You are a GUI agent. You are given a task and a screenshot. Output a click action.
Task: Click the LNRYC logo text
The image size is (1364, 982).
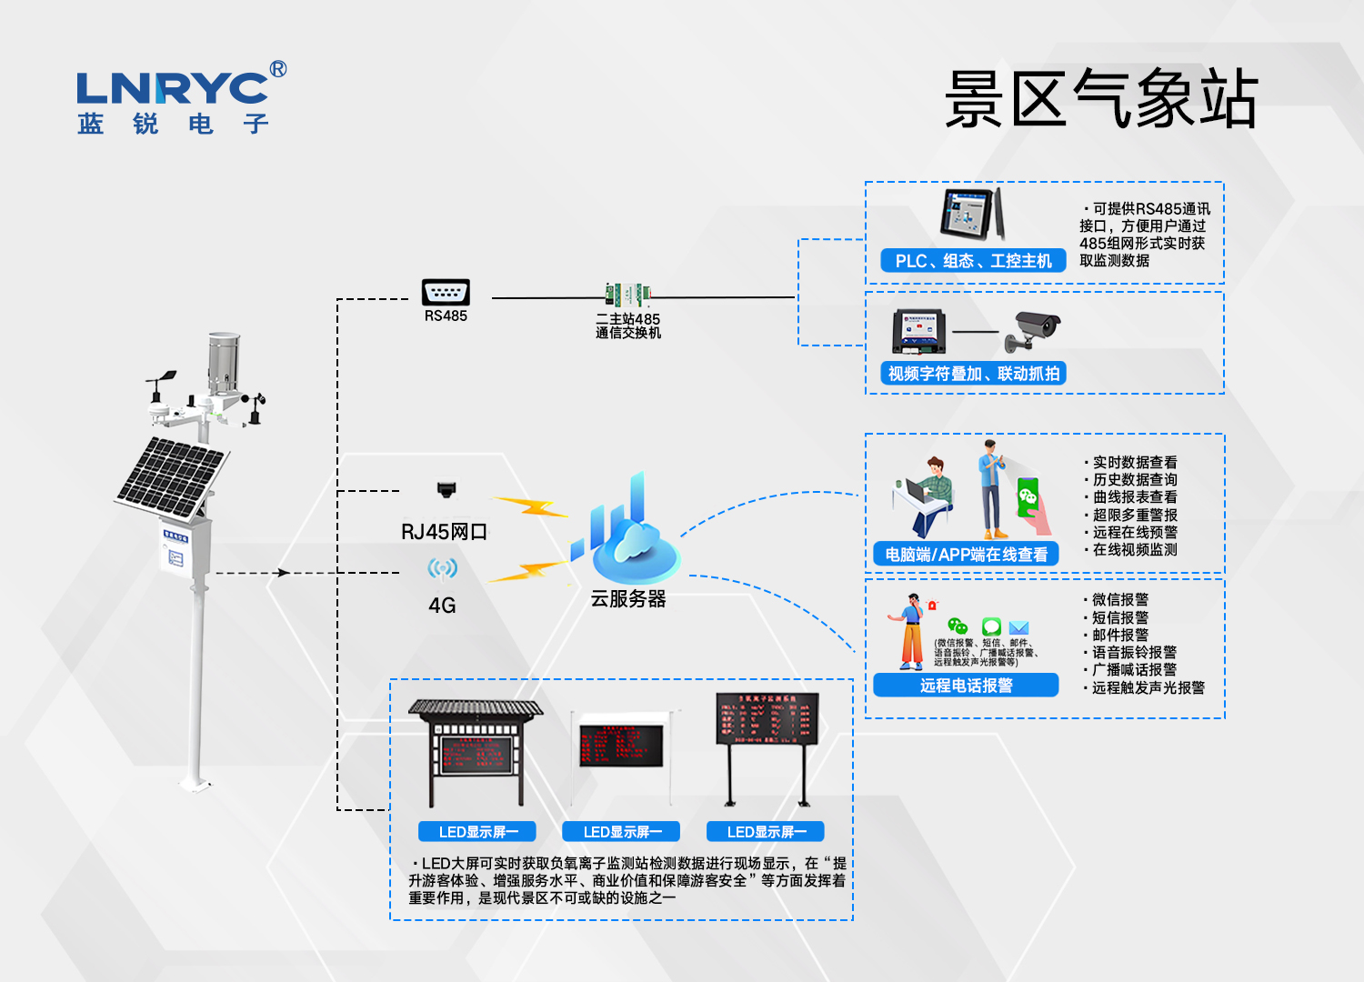pyautogui.click(x=173, y=89)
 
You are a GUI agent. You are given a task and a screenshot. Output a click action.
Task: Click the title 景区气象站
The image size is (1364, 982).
pyautogui.click(x=1101, y=98)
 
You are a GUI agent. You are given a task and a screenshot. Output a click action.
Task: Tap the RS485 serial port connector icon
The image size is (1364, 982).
pyautogui.click(x=446, y=292)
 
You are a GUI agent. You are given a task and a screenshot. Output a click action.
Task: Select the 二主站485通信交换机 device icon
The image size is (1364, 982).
pyautogui.click(x=627, y=294)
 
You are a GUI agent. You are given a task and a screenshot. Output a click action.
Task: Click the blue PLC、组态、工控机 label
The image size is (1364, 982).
pyautogui.click(x=973, y=261)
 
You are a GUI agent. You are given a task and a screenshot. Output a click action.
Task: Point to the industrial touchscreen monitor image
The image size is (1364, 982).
pyautogui.click(x=972, y=215)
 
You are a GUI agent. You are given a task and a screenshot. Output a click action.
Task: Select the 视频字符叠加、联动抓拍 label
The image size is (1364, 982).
pyautogui.click(x=973, y=374)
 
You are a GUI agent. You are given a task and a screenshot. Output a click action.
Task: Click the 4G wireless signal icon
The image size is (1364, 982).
pyautogui.click(x=442, y=569)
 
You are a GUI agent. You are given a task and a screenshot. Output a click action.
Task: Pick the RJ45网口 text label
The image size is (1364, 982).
pyautogui.click(x=444, y=532)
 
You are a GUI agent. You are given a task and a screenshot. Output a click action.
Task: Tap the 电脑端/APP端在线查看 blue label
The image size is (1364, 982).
pyautogui.click(x=966, y=555)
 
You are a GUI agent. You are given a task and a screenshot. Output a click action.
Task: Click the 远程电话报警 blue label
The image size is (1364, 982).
pyautogui.click(x=966, y=686)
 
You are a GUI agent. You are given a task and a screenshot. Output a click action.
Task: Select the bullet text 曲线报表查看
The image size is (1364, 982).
pyautogui.click(x=1135, y=497)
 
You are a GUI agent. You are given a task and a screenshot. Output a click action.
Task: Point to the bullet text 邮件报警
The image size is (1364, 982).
pyautogui.click(x=1120, y=635)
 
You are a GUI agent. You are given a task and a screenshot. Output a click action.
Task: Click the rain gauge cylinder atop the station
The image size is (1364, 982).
pyautogui.click(x=224, y=359)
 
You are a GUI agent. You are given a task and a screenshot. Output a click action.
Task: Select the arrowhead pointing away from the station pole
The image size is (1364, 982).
pyautogui.click(x=284, y=573)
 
